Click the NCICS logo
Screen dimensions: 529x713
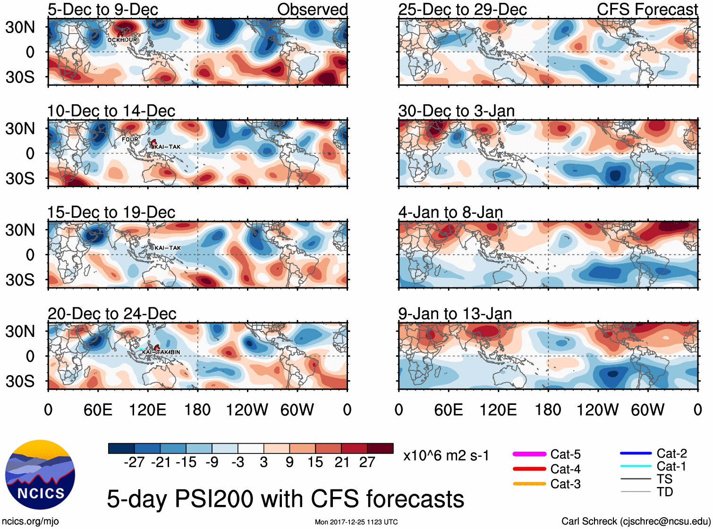[40, 475]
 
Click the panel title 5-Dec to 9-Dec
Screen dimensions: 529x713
[102, 9]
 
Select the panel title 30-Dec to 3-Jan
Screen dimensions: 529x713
[456, 111]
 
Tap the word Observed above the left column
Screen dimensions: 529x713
[312, 9]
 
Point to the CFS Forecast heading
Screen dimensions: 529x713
[647, 9]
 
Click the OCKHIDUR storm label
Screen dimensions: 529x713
[122, 40]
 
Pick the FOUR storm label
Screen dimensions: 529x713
[130, 140]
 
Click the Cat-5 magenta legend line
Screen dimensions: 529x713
[529, 454]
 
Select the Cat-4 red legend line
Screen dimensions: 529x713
[529, 469]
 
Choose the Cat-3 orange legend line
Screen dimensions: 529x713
[529, 484]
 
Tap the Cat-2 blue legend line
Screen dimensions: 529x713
[636, 453]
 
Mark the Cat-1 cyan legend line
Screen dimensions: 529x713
[636, 466]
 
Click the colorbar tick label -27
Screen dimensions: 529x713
[134, 462]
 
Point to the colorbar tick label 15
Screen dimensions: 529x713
[315, 462]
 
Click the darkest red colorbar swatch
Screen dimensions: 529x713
[380, 448]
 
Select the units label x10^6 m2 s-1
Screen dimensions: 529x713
[446, 456]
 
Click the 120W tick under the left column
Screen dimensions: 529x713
[247, 410]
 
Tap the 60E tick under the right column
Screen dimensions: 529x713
[448, 410]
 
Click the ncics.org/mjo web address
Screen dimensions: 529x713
[30, 521]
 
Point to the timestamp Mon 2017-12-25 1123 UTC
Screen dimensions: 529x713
[356, 522]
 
